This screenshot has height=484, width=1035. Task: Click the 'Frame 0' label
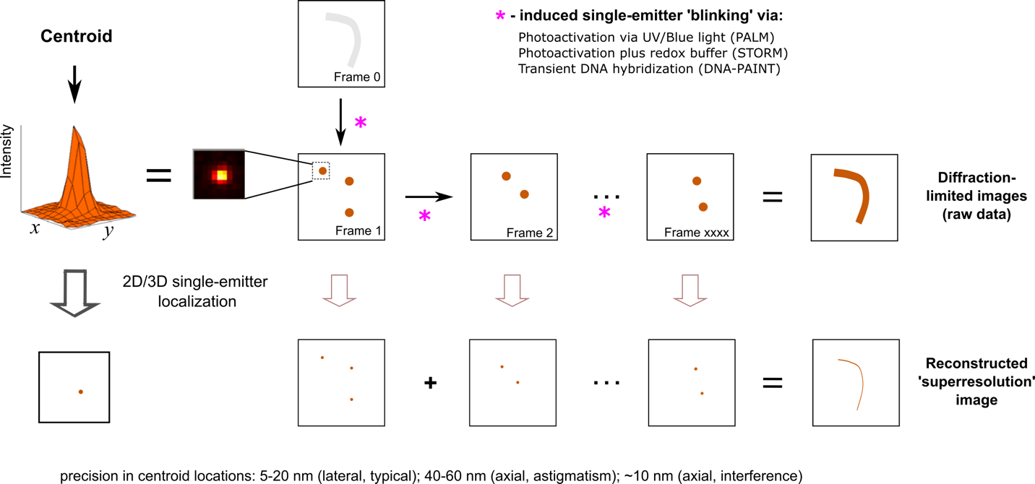tap(356, 77)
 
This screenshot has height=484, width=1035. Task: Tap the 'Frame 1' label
tap(358, 231)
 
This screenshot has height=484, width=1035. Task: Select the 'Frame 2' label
tap(530, 233)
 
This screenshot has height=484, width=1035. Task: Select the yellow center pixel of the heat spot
tap(222, 175)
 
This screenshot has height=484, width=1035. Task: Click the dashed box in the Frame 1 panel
tap(322, 171)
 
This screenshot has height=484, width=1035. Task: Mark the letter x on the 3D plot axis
tap(34, 228)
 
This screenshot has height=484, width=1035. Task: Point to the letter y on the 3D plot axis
tap(108, 229)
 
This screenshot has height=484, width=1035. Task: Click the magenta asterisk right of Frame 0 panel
tap(500, 15)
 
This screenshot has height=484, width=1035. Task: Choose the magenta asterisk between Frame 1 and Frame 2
tap(424, 215)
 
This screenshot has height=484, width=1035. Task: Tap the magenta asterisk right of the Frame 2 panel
tap(604, 212)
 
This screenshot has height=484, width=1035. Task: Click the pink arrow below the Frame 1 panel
tap(340, 290)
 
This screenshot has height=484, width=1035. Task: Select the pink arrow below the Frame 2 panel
tap(512, 290)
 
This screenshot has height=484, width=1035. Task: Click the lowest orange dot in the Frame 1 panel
tap(349, 212)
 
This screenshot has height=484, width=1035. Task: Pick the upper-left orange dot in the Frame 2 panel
tap(506, 176)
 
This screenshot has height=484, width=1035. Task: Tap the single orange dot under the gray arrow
tap(80, 392)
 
